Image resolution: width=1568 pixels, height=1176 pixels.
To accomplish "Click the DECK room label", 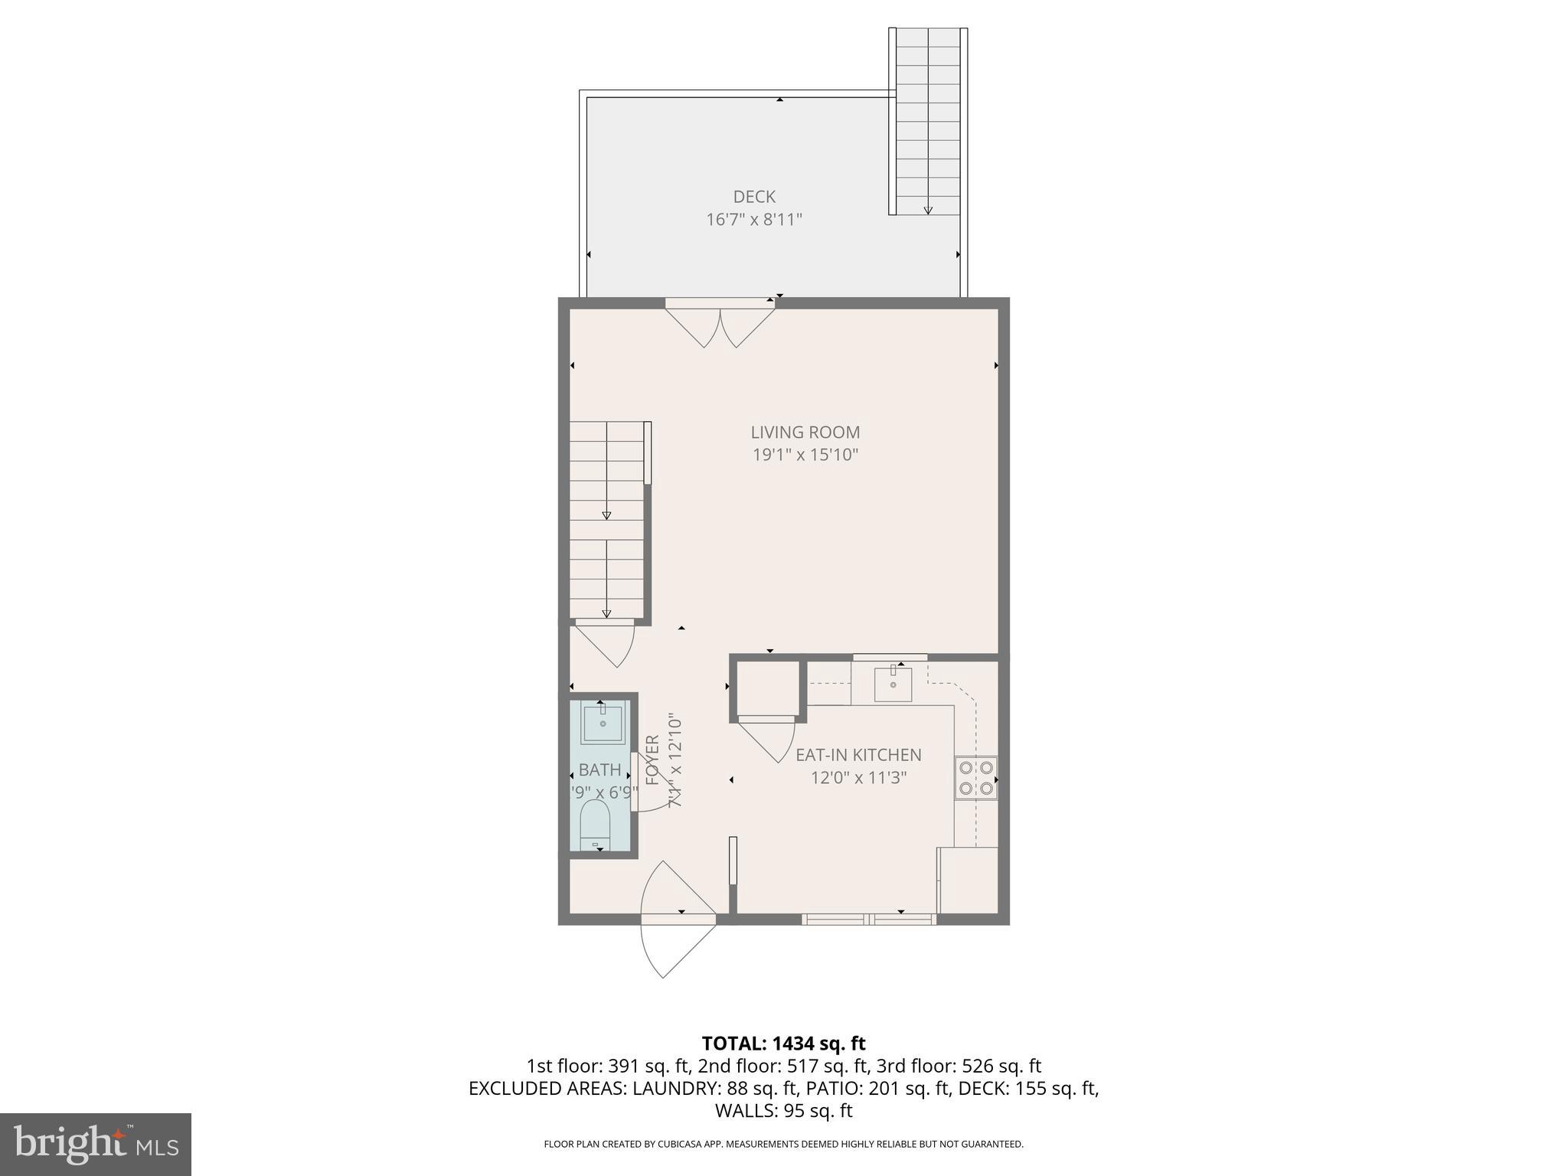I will [x=754, y=197].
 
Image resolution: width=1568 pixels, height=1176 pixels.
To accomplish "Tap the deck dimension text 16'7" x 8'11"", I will [x=754, y=220].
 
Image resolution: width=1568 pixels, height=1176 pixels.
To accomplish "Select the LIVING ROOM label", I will [x=805, y=432].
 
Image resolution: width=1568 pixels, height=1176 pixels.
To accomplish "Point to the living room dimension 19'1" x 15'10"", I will [x=805, y=455].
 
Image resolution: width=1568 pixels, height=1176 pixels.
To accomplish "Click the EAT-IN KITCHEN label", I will [x=858, y=755].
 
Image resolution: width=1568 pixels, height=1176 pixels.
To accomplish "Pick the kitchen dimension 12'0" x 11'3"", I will [x=858, y=778].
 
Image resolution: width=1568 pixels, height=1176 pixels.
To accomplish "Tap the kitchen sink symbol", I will [x=893, y=683].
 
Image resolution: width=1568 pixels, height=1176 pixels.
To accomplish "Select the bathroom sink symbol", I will [x=603, y=722].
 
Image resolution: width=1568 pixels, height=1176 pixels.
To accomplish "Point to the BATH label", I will [x=599, y=770].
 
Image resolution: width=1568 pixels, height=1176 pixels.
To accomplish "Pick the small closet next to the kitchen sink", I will [x=766, y=688].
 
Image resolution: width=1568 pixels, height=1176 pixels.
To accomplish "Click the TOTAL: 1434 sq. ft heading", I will [x=783, y=1043].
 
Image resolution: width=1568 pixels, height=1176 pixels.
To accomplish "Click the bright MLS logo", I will [x=96, y=1145].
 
